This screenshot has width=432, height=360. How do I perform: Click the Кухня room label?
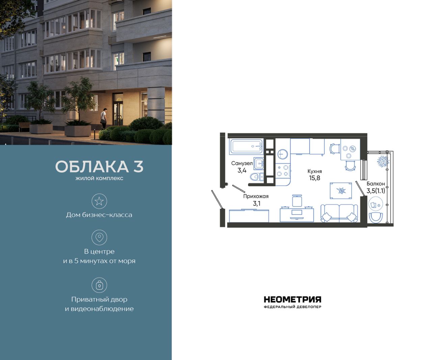click(x=315, y=171)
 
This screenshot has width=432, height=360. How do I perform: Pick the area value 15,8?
click(x=315, y=178)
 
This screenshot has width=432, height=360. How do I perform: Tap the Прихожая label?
click(x=256, y=196)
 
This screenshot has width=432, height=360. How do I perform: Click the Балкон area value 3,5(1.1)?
click(x=376, y=191)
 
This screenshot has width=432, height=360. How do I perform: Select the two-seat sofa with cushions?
click(x=339, y=213)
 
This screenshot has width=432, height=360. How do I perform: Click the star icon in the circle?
click(x=99, y=201)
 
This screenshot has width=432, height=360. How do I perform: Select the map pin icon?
click(x=99, y=237)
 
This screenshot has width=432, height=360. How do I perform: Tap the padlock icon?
click(x=99, y=285)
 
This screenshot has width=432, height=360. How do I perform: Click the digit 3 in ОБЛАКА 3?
click(x=138, y=167)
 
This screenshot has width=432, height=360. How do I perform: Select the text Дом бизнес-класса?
click(x=99, y=215)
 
